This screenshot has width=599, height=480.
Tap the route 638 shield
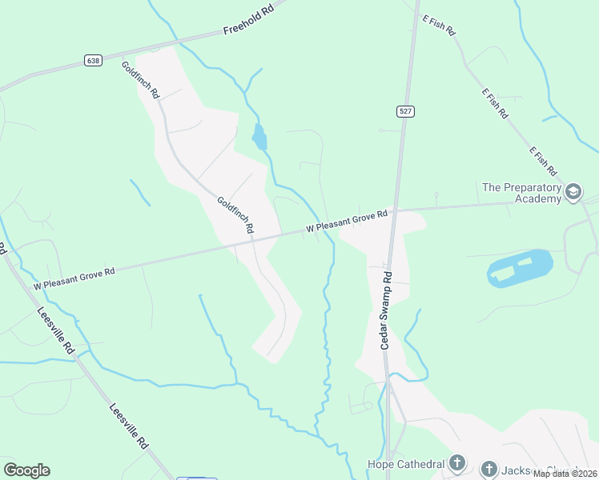click(92, 60)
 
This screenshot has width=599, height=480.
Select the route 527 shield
click(405, 111)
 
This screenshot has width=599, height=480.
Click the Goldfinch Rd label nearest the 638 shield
click(141, 80)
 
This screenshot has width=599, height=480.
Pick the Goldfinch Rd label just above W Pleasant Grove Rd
click(235, 214)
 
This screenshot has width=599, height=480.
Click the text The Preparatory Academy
click(522, 193)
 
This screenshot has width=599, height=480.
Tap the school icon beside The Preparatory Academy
click(573, 192)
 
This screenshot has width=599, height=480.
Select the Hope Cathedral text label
click(405, 464)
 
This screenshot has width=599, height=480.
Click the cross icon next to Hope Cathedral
click(456, 463)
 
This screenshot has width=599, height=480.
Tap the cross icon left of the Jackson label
click(489, 469)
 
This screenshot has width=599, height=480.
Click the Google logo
click(26, 470)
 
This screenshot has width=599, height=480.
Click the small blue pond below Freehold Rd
click(259, 138)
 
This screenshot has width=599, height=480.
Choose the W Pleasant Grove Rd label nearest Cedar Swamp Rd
click(346, 222)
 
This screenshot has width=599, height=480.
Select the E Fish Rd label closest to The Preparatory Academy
click(542, 162)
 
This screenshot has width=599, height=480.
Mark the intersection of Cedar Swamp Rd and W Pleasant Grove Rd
click(394, 211)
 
